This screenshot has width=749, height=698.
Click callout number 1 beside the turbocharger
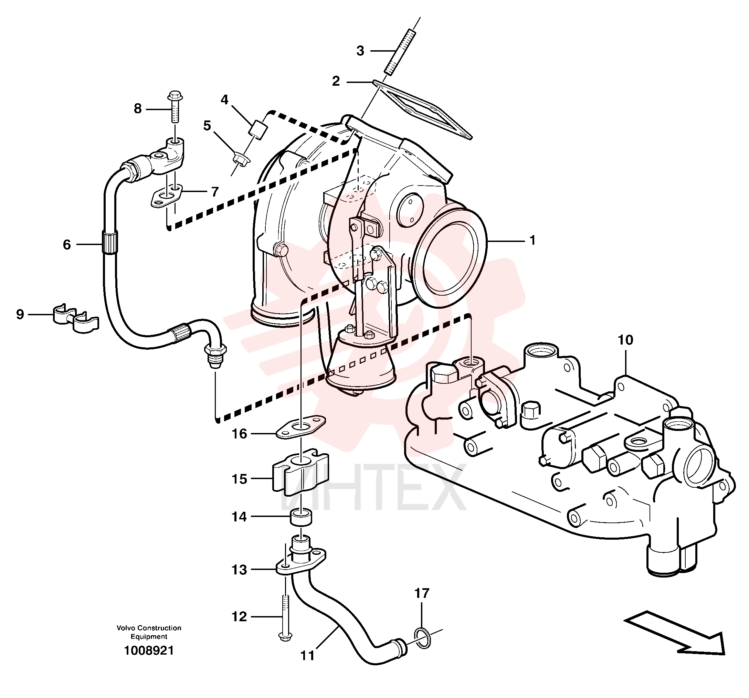(532, 240)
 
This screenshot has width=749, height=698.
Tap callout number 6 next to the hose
(67, 245)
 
